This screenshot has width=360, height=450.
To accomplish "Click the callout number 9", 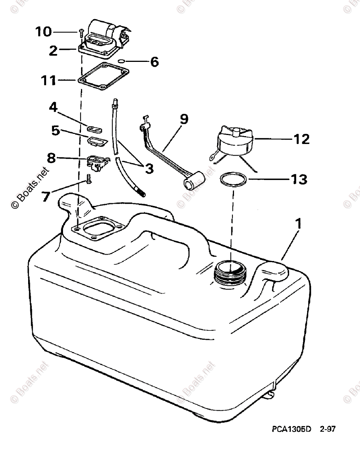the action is point(183,119).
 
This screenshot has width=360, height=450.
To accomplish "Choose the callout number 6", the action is point(154,62).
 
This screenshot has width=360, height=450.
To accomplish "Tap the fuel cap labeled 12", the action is point(234,142).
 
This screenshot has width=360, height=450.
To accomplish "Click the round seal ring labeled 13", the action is point(233,179).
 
